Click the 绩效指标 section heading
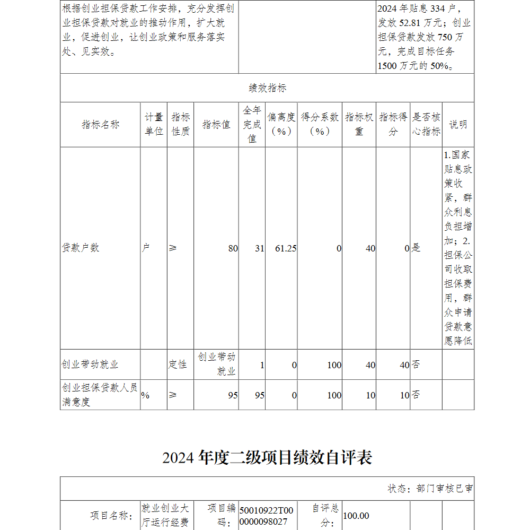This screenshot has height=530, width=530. point(267,88)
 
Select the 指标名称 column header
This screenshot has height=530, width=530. point(100,125)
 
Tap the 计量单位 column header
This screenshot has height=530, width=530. point(154,125)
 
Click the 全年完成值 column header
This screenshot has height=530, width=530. point(252,125)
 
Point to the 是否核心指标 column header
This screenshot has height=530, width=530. point(426,125)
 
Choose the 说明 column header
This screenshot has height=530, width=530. point(458,125)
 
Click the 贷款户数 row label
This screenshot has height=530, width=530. point(81,248)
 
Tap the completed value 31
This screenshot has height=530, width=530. point(259,248)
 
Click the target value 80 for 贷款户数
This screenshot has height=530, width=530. point(233,248)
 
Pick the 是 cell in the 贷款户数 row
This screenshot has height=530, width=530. point(416,248)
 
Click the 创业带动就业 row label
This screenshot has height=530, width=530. point(90,364)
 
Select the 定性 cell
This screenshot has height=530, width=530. point(178,364)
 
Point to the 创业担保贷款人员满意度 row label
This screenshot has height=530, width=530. point(100,395)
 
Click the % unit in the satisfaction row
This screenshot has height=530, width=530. point(145,395)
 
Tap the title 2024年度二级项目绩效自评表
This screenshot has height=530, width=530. point(267,457)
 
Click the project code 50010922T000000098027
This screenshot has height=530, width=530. point(266,516)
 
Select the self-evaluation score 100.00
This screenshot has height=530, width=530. point(356,516)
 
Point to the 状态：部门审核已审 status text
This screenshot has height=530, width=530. point(430,489)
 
